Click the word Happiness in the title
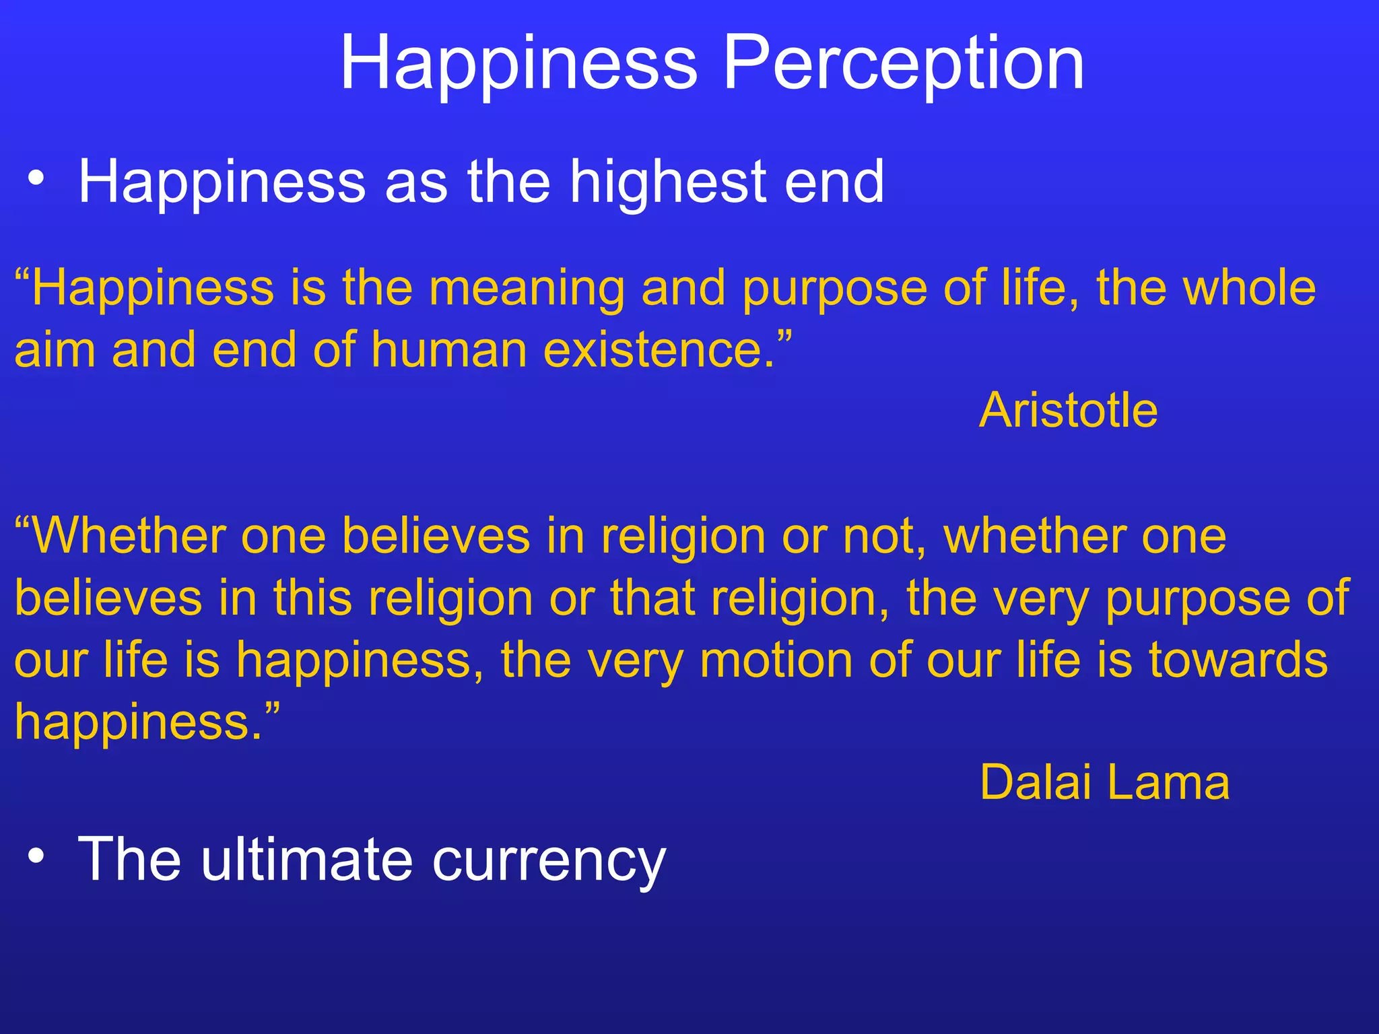point(518,64)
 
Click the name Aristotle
point(1068,410)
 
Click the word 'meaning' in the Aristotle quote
point(527,288)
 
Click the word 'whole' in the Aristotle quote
point(1250,288)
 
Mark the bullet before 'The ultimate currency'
point(36,856)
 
